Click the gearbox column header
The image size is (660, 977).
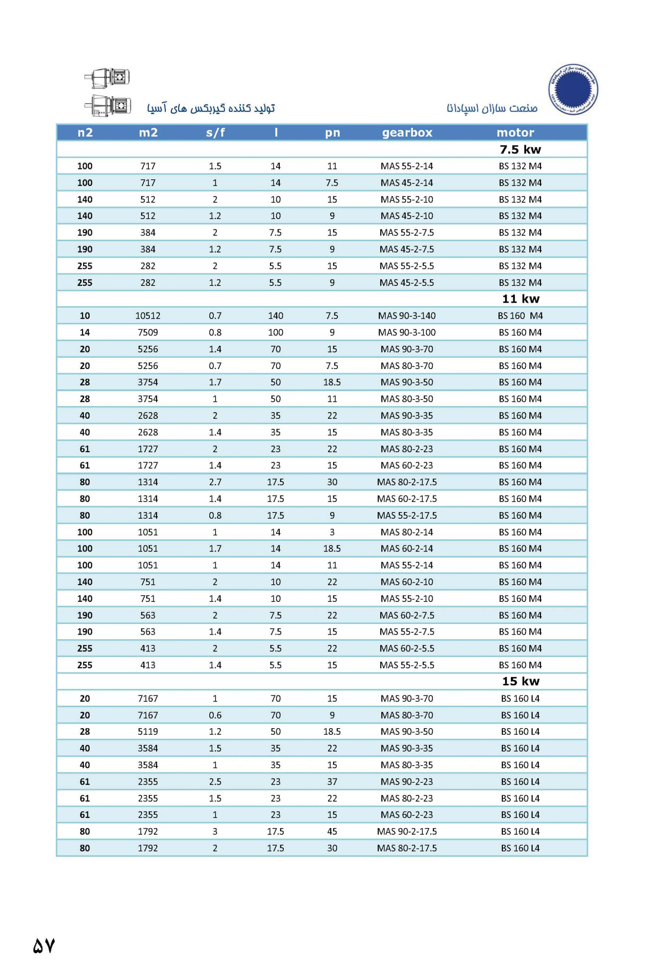[407, 132]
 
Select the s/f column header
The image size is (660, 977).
[215, 132]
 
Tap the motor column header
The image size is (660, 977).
[515, 132]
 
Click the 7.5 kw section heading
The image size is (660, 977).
[520, 149]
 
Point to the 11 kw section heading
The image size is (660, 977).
[520, 298]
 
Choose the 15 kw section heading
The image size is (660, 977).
[520, 681]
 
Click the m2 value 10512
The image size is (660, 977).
[148, 315]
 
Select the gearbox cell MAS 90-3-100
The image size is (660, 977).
[407, 332]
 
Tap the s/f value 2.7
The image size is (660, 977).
[215, 482]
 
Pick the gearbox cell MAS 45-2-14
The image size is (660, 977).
[407, 182]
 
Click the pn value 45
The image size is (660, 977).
[332, 831]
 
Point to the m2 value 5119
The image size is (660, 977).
[148, 732]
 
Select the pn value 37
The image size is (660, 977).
[332, 782]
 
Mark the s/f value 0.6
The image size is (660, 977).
[215, 715]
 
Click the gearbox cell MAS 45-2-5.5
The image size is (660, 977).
[407, 282]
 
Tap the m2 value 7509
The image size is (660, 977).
[148, 332]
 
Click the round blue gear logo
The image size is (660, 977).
[573, 89]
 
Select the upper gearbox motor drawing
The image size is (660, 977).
[108, 78]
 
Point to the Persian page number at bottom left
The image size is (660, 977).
[44, 945]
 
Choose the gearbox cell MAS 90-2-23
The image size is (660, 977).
[407, 782]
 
